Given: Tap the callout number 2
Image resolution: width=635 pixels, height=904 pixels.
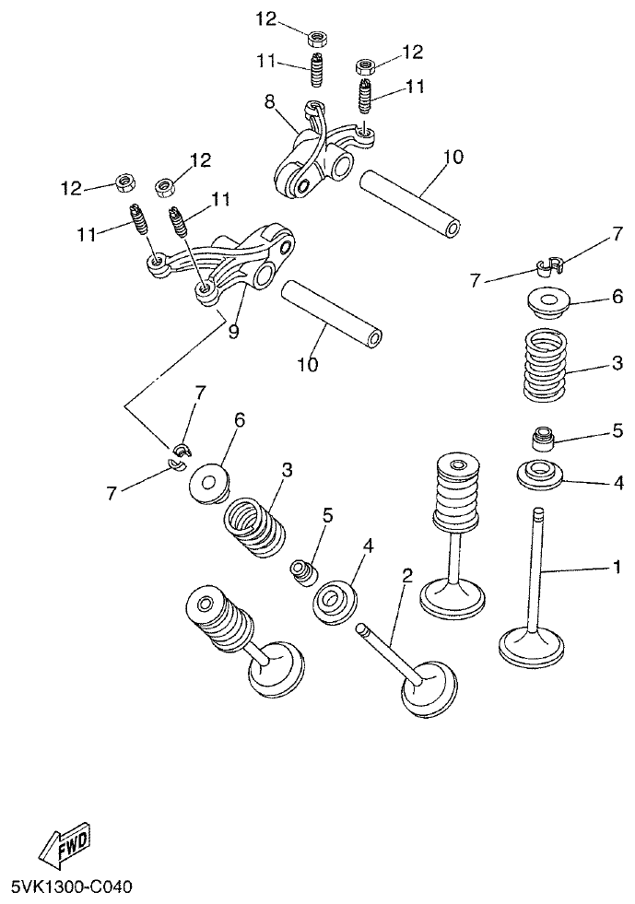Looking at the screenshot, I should point(406,577).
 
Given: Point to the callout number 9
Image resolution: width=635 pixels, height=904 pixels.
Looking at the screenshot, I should point(233,331).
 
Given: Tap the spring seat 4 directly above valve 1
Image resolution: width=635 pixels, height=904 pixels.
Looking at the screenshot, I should point(543,475).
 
